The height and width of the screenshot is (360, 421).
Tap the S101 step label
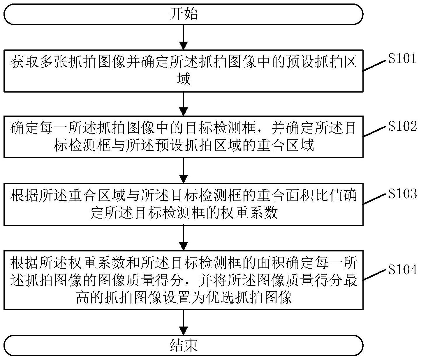[x=402, y=59]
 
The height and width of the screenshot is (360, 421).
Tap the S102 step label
[x=402, y=126]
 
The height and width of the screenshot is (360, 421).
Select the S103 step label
[x=402, y=194]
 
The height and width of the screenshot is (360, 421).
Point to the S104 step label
[x=402, y=270]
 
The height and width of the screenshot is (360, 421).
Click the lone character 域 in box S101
[x=184, y=79]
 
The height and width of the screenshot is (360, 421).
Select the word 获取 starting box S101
[x=24, y=62]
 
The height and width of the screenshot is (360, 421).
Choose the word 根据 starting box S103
[x=24, y=196]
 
